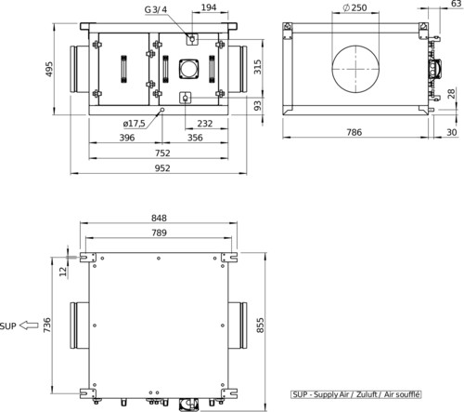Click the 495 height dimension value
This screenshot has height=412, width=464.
click(49, 69)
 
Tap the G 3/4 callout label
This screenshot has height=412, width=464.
click(156, 9)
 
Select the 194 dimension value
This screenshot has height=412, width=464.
click(209, 7)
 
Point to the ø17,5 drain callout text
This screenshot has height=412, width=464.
click(134, 124)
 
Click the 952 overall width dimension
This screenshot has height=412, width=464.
click(162, 168)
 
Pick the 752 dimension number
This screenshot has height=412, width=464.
click(162, 153)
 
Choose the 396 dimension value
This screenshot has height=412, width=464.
click(127, 138)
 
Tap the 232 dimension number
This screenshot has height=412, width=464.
click(205, 124)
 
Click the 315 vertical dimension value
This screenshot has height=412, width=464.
click(258, 67)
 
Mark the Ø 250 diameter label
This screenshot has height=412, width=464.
click(355, 7)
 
